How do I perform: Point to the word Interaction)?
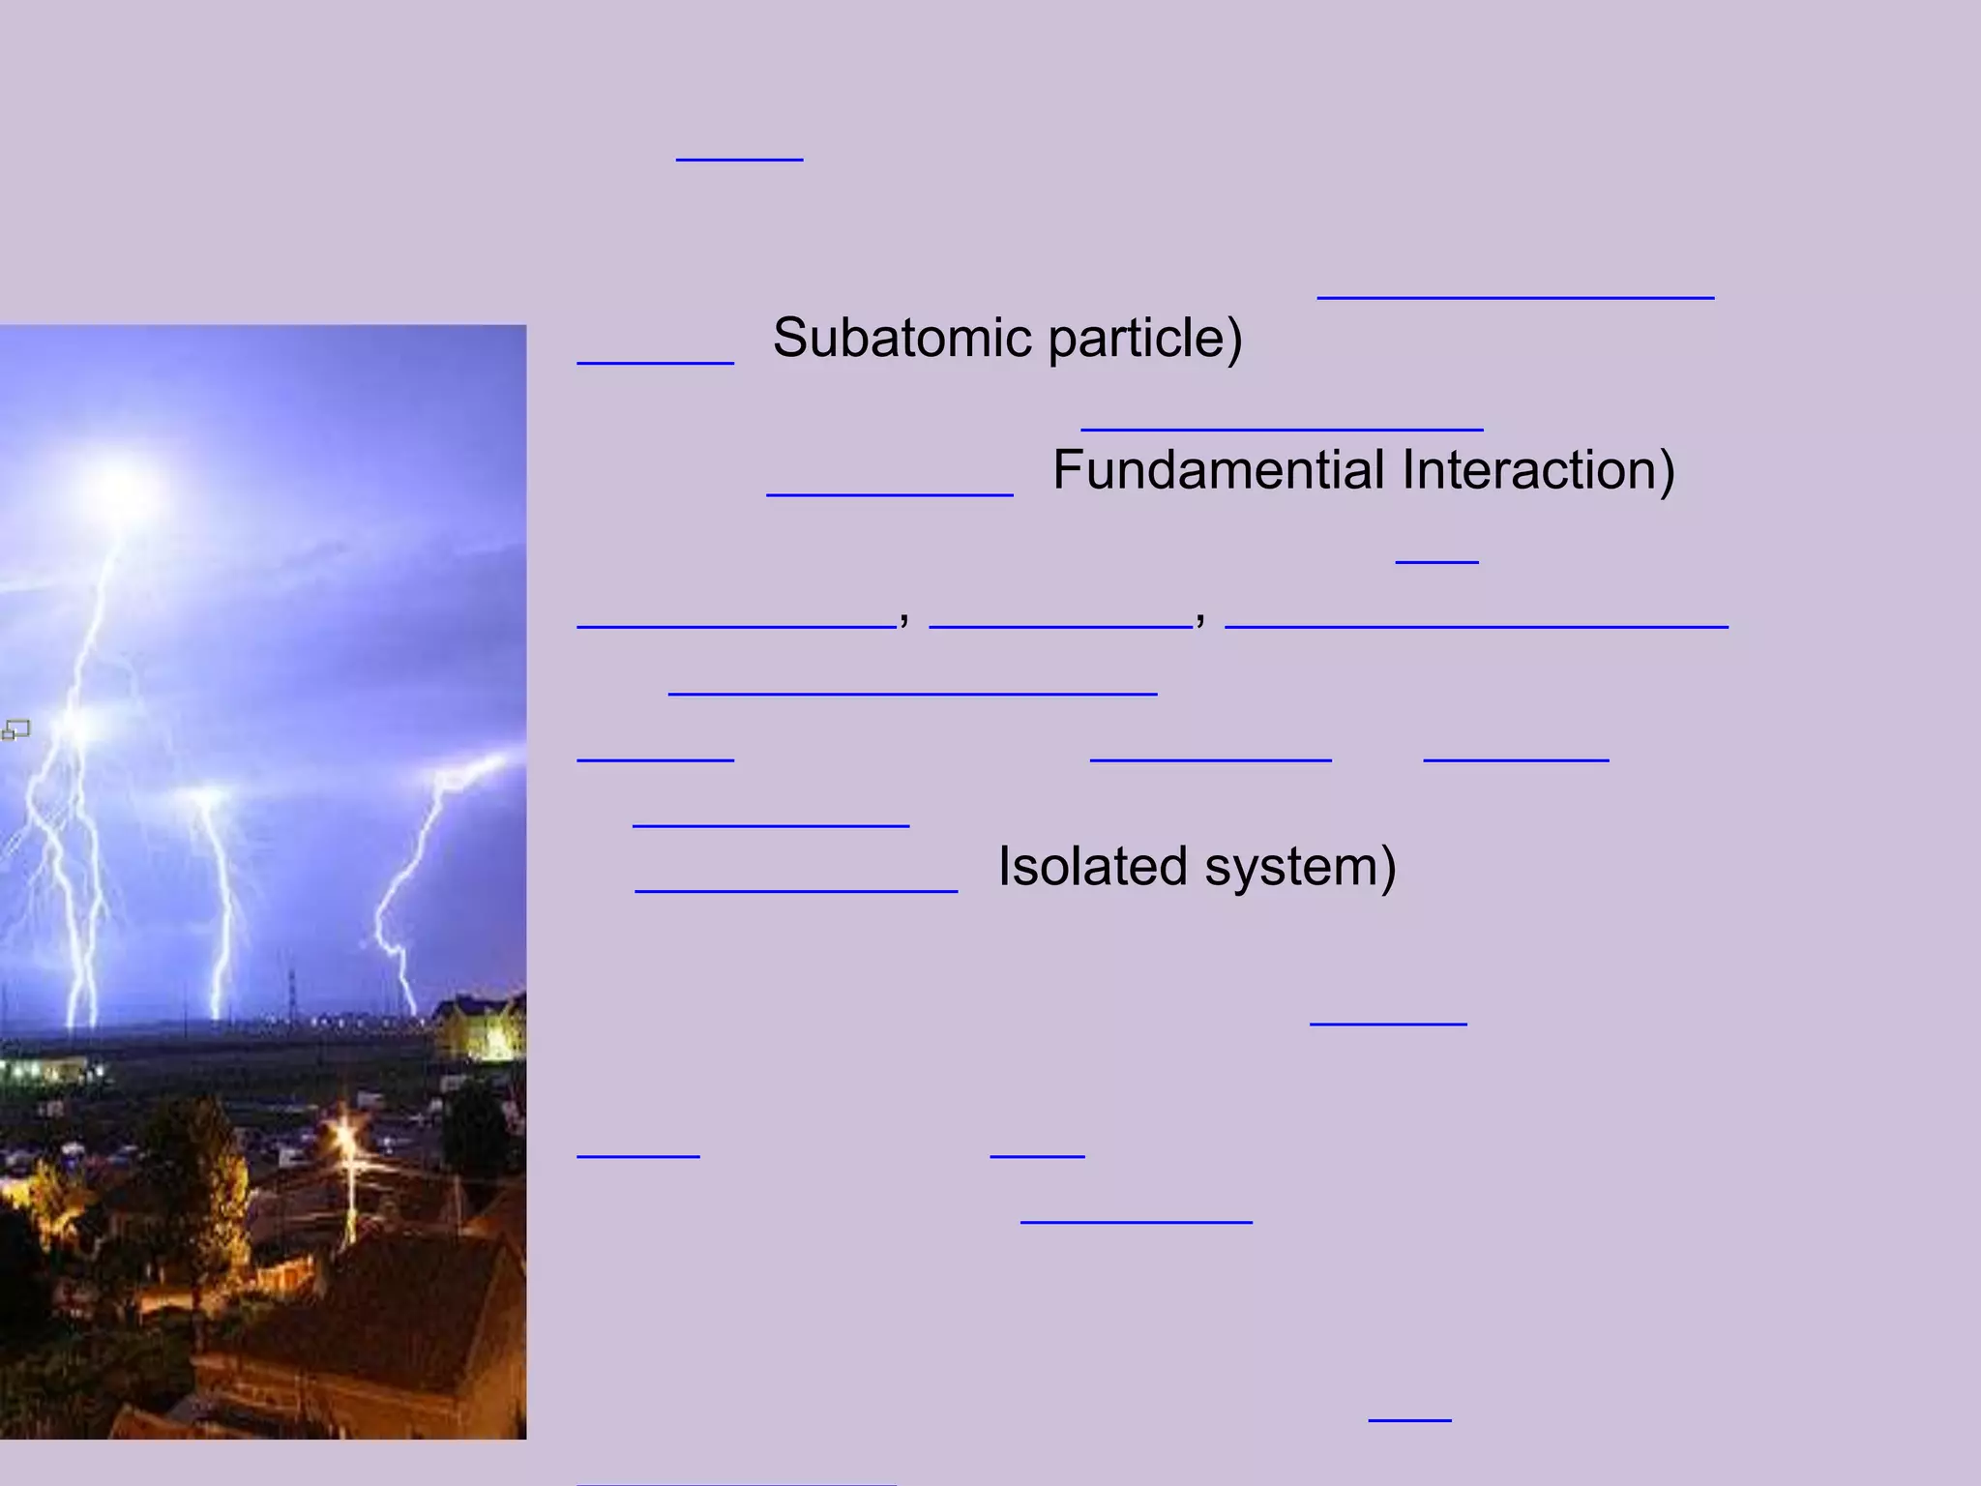(1537, 470)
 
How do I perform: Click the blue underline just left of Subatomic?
(655, 362)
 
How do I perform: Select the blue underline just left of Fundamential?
(889, 493)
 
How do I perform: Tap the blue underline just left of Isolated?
(795, 890)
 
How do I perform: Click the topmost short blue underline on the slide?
(739, 158)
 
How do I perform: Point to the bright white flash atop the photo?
(121, 490)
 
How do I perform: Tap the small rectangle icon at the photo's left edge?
(15, 730)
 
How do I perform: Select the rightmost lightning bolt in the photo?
(416, 890)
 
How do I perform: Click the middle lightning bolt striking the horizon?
(219, 900)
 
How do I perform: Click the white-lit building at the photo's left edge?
(48, 1070)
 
